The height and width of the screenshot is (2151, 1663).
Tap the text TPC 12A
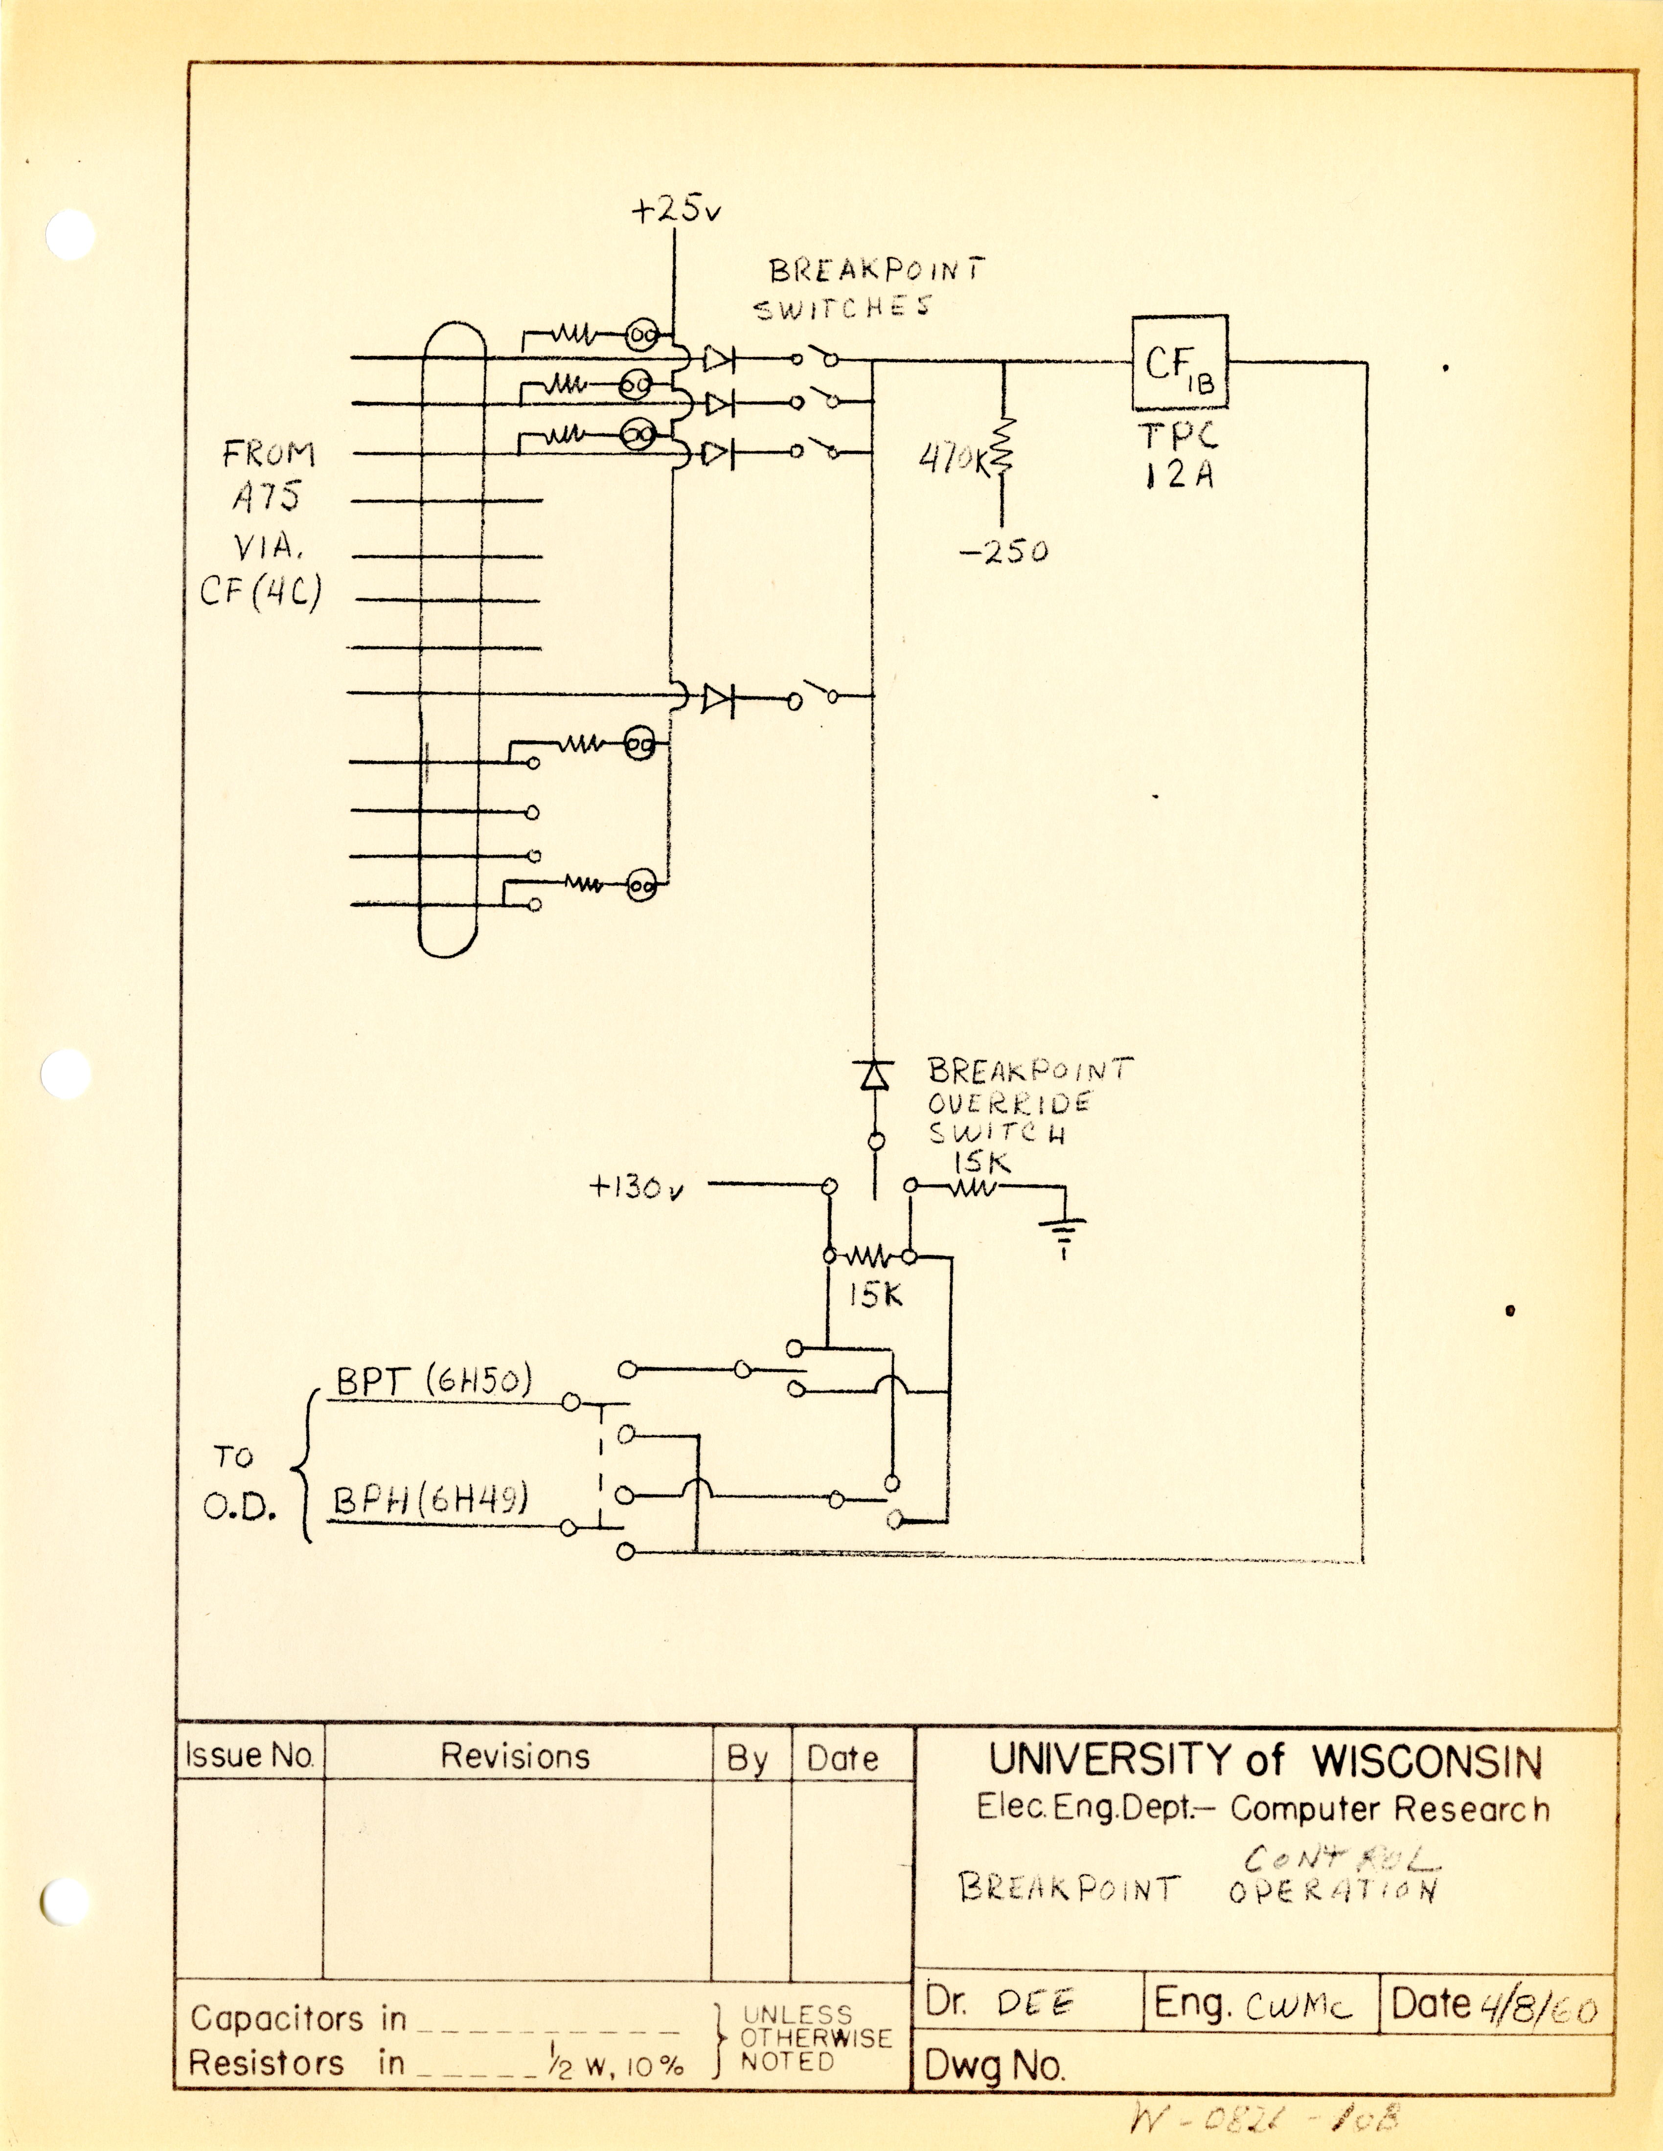pos(1180,455)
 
